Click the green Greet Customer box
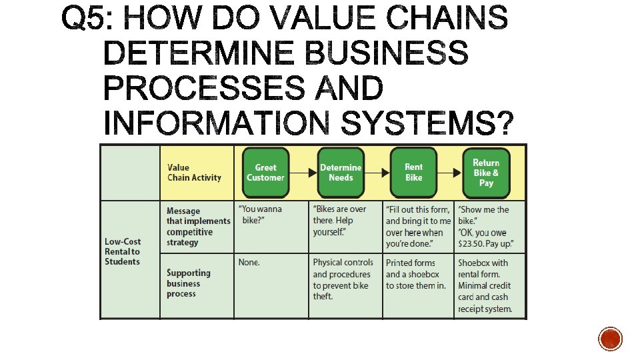pyautogui.click(x=265, y=173)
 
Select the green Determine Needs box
pyautogui.click(x=341, y=173)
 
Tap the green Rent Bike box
pyautogui.click(x=413, y=173)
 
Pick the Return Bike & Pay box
pyautogui.click(x=486, y=173)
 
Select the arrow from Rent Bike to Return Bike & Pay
pyautogui.click(x=449, y=173)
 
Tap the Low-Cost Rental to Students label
pyautogui.click(x=123, y=251)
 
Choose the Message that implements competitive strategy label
pyautogui.click(x=198, y=227)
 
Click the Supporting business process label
pyautogui.click(x=188, y=283)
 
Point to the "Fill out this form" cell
pyautogui.click(x=418, y=227)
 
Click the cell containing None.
pyautogui.click(x=249, y=263)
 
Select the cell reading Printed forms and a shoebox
pyautogui.click(x=416, y=274)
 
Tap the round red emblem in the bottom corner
pyautogui.click(x=610, y=339)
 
